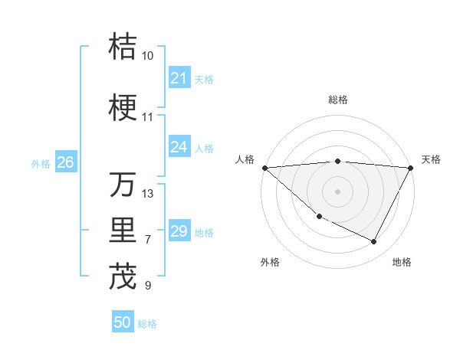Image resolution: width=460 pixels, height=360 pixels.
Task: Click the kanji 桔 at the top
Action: click(123, 47)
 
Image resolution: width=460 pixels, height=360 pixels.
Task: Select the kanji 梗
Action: click(123, 108)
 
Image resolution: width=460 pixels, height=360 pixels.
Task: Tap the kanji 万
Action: click(123, 185)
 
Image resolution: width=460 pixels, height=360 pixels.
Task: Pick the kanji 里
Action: click(123, 231)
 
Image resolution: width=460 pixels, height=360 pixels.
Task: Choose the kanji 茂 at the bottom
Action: click(123, 277)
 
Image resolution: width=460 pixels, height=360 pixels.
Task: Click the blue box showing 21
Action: click(179, 78)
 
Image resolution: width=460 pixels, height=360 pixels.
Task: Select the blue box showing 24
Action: click(179, 147)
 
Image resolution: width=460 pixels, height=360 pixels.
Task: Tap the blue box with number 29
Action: click(179, 231)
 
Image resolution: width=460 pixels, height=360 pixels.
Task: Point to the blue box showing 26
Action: click(65, 162)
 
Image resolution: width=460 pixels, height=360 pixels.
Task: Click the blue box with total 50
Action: click(123, 322)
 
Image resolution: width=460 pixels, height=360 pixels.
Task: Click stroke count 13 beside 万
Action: click(148, 194)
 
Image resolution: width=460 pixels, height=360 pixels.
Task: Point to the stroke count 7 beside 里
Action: click(148, 240)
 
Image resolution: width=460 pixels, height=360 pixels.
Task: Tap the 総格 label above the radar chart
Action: click(338, 100)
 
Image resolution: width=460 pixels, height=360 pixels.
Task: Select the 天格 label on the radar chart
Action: click(431, 159)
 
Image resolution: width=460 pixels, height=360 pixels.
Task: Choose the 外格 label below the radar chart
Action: click(270, 262)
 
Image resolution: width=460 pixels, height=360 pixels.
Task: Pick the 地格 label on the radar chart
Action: click(402, 262)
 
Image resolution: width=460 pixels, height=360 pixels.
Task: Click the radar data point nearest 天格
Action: click(411, 167)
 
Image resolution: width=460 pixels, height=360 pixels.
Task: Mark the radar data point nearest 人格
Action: click(264, 167)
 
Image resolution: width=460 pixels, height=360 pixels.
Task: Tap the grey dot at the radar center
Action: click(338, 191)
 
